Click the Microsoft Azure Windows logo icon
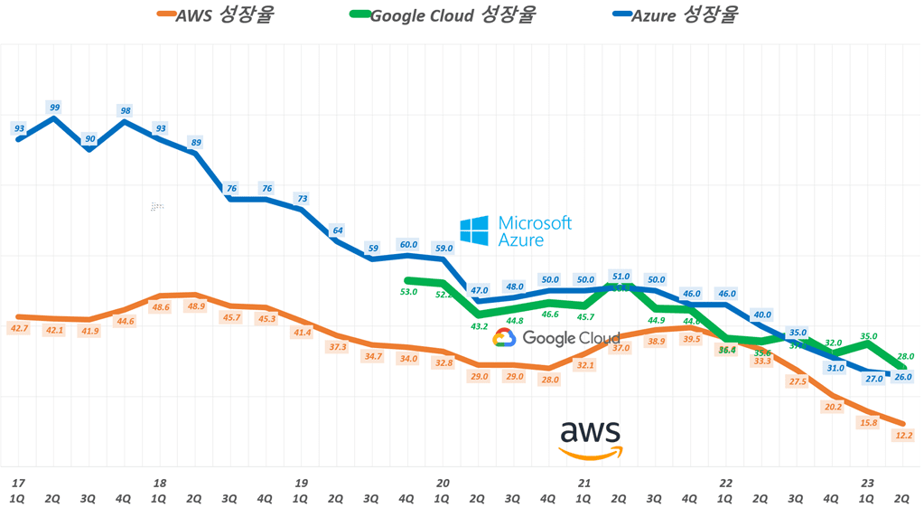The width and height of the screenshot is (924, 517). [474, 230]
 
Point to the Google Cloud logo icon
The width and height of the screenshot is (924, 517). [504, 338]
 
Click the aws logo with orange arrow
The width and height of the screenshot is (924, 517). [591, 439]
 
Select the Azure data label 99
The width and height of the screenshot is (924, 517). [55, 108]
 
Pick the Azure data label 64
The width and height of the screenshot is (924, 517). [338, 230]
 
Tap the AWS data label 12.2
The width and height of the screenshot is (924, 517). [902, 435]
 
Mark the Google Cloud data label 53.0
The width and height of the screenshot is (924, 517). [408, 291]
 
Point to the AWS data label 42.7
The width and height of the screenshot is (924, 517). [18, 328]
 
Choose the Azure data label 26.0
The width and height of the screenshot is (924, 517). [902, 377]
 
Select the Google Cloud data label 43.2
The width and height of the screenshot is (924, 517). [480, 326]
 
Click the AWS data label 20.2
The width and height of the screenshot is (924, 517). [832, 407]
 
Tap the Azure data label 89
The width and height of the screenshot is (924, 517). [196, 142]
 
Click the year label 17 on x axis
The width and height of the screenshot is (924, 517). [17, 483]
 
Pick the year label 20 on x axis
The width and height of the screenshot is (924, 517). [443, 483]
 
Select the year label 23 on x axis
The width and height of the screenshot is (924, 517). [867, 483]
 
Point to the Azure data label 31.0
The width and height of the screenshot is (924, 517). [835, 368]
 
